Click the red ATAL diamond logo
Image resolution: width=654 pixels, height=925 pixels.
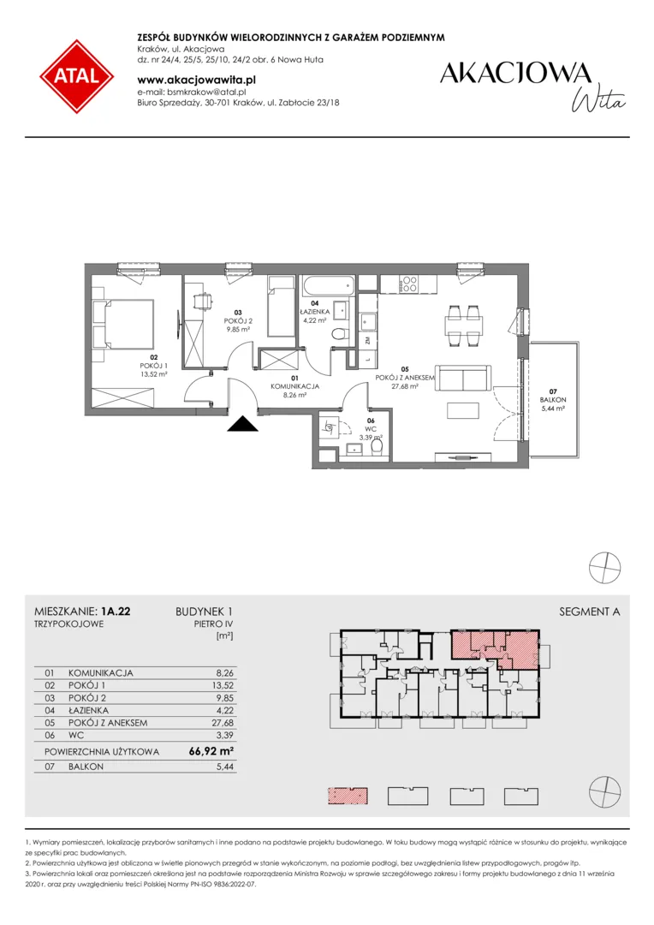pos(77,77)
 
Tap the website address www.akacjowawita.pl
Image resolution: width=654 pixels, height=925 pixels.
pos(196,80)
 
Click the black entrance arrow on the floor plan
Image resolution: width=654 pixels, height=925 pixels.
pos(243,424)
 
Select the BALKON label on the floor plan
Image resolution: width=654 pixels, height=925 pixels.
pos(553,399)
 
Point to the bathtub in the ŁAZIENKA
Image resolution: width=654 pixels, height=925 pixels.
pos(328,287)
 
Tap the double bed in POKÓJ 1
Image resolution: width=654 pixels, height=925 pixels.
pos(124,323)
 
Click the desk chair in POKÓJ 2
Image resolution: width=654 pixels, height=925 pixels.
pos(202,301)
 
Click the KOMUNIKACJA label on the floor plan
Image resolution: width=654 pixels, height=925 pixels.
pos(294,386)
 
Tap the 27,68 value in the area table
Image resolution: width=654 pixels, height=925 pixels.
pos(223,723)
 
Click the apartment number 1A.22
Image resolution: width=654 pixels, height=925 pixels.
pos(116,612)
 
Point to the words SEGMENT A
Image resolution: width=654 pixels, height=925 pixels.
pos(589,612)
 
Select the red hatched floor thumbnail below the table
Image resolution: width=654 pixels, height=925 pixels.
pos(348,796)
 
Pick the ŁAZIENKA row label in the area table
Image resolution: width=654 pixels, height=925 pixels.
pos(88,710)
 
